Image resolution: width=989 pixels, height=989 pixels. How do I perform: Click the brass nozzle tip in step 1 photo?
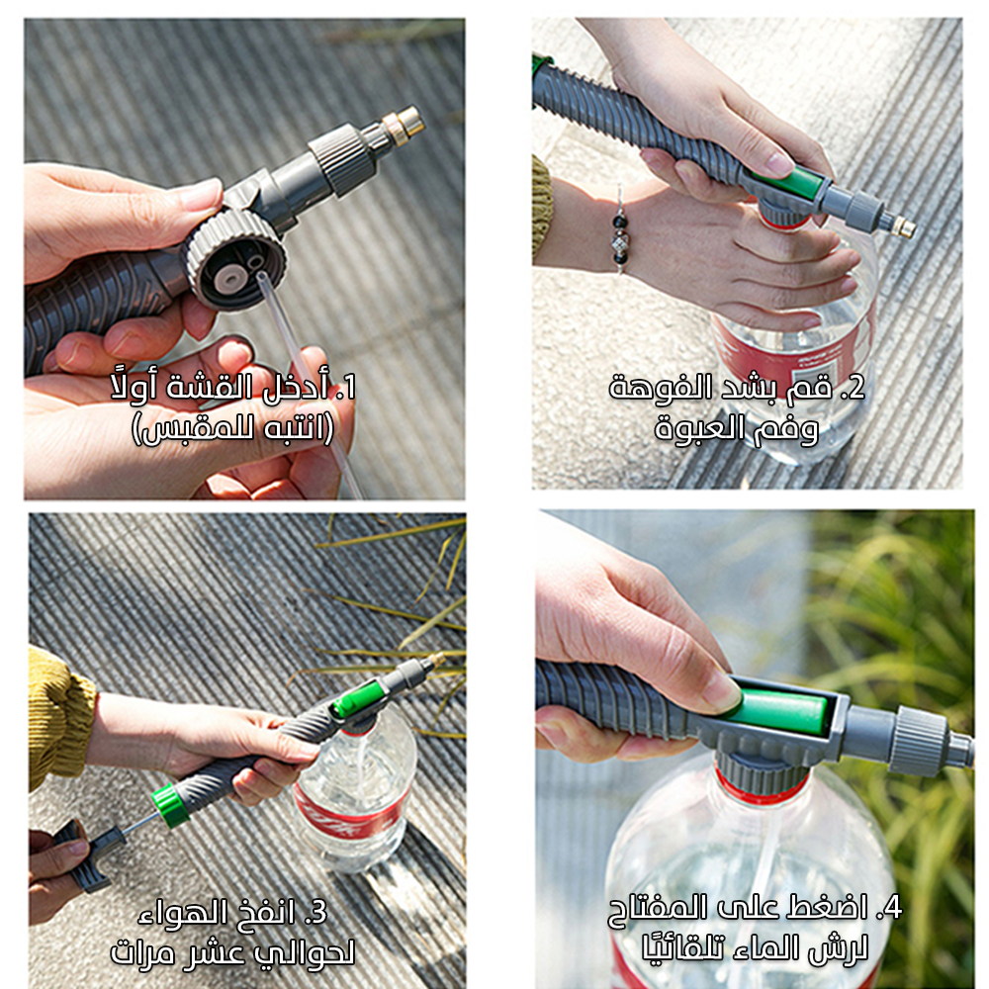point(407,123)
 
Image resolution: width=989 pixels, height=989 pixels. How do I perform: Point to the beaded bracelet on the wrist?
point(619,230)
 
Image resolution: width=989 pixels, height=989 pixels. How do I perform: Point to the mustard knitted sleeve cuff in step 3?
point(60,719)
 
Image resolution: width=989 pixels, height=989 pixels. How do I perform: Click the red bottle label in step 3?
point(351,814)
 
